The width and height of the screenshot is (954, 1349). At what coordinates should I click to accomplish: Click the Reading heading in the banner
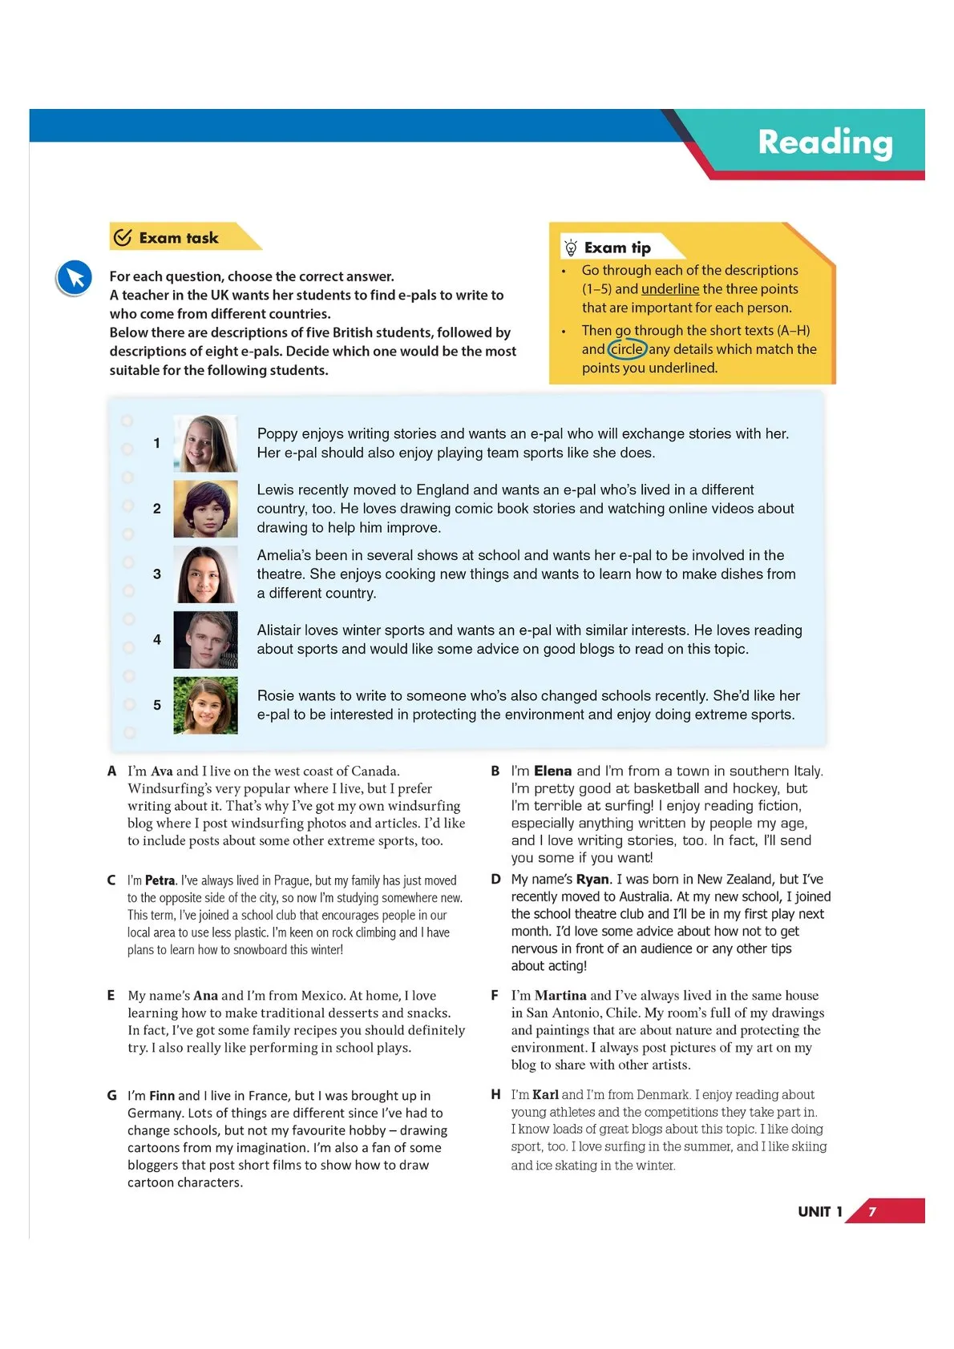pos(825,143)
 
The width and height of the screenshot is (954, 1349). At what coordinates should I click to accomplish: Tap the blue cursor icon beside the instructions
pos(75,279)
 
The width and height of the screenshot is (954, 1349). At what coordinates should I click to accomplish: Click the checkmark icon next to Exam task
pos(123,237)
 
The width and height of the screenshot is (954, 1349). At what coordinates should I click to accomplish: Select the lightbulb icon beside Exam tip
pos(570,248)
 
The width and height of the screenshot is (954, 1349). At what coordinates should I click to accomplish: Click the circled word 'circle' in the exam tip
pos(627,349)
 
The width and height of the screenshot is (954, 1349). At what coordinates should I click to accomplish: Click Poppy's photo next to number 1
pos(205,443)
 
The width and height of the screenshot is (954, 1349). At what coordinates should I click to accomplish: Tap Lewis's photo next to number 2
pos(205,509)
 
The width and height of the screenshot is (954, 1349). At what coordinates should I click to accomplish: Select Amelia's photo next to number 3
pos(205,574)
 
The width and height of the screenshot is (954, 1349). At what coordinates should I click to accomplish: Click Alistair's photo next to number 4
pos(205,640)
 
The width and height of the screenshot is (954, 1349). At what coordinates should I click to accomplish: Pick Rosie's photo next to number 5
pos(205,706)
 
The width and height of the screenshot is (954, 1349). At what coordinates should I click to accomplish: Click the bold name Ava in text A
pos(162,771)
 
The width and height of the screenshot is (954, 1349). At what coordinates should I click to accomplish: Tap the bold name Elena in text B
pos(552,771)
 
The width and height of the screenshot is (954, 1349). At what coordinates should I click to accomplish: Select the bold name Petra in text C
pos(160,880)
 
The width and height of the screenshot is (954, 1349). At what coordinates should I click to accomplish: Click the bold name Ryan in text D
pos(592,879)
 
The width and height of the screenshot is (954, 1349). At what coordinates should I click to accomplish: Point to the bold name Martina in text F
pos(560,995)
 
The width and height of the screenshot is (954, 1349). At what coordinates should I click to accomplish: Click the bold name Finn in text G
pos(162,1095)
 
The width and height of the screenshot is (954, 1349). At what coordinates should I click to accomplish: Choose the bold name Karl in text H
pos(545,1094)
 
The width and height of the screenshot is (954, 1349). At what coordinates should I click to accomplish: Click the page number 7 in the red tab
pos(872,1211)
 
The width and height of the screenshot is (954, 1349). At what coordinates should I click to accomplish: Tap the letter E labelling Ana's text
pos(111,995)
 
